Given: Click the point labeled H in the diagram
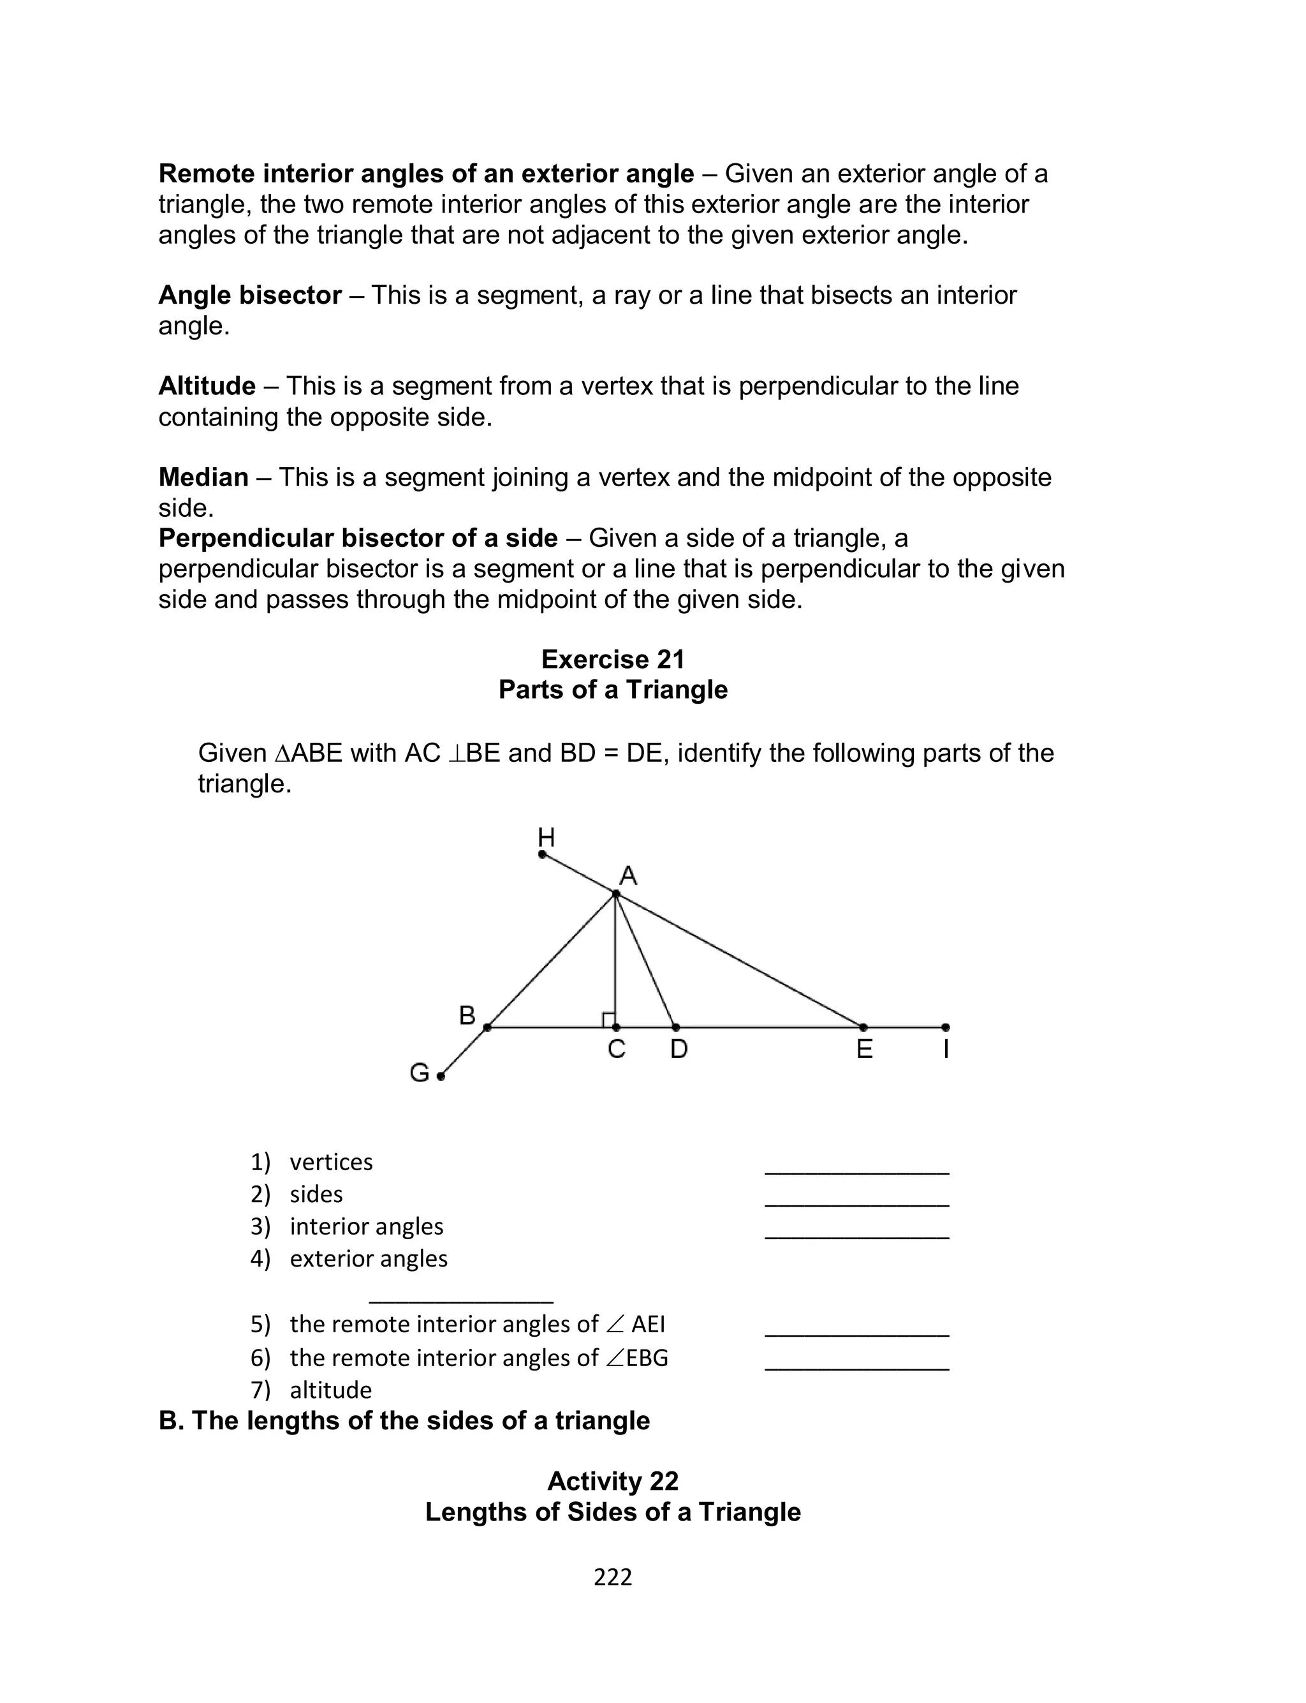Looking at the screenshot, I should (543, 854).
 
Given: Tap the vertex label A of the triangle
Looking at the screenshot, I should (628, 876).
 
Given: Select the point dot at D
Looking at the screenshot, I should (675, 1027).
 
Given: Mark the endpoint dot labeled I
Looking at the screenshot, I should (945, 1027).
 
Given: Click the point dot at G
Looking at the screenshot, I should (441, 1076).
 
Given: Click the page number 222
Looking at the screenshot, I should (613, 1577).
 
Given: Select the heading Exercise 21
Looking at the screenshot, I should (613, 659).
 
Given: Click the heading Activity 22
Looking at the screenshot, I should (613, 1482).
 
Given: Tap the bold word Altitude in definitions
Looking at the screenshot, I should (207, 385).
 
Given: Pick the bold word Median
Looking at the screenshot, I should (203, 477).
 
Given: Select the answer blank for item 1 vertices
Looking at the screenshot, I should (856, 1170).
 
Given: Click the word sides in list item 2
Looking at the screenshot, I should (316, 1194).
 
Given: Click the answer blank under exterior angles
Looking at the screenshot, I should (461, 1299).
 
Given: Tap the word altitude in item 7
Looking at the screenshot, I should (330, 1390).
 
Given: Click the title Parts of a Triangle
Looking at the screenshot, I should (613, 690).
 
